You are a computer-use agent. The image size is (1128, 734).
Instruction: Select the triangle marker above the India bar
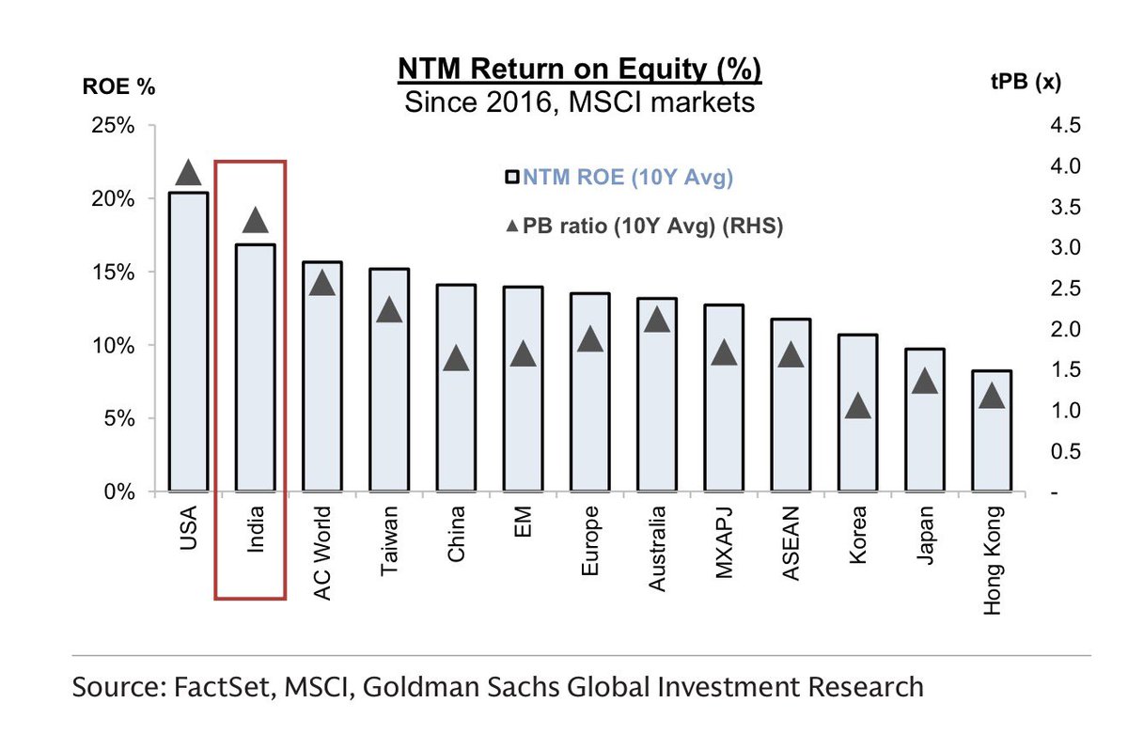(x=256, y=221)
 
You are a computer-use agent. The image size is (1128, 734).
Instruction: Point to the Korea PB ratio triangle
(x=858, y=406)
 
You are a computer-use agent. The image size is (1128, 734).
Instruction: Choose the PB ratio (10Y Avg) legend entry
(x=643, y=226)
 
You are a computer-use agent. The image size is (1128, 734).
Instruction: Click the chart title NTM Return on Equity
(x=579, y=70)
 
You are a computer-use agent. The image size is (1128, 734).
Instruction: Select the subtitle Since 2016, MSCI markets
(x=579, y=102)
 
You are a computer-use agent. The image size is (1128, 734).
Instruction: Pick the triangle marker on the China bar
(x=456, y=358)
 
